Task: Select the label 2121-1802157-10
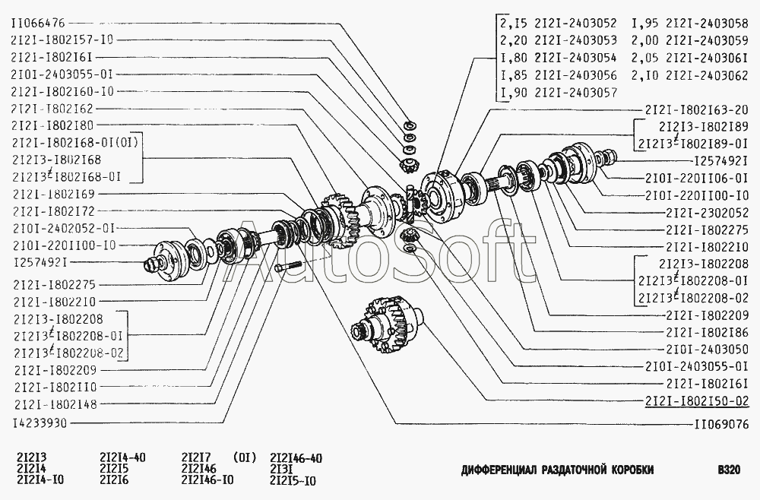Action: (62, 40)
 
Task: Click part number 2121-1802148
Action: (55, 404)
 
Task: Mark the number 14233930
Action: (40, 422)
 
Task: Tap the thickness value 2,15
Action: (514, 24)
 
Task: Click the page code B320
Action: (728, 469)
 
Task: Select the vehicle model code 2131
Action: (281, 470)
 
